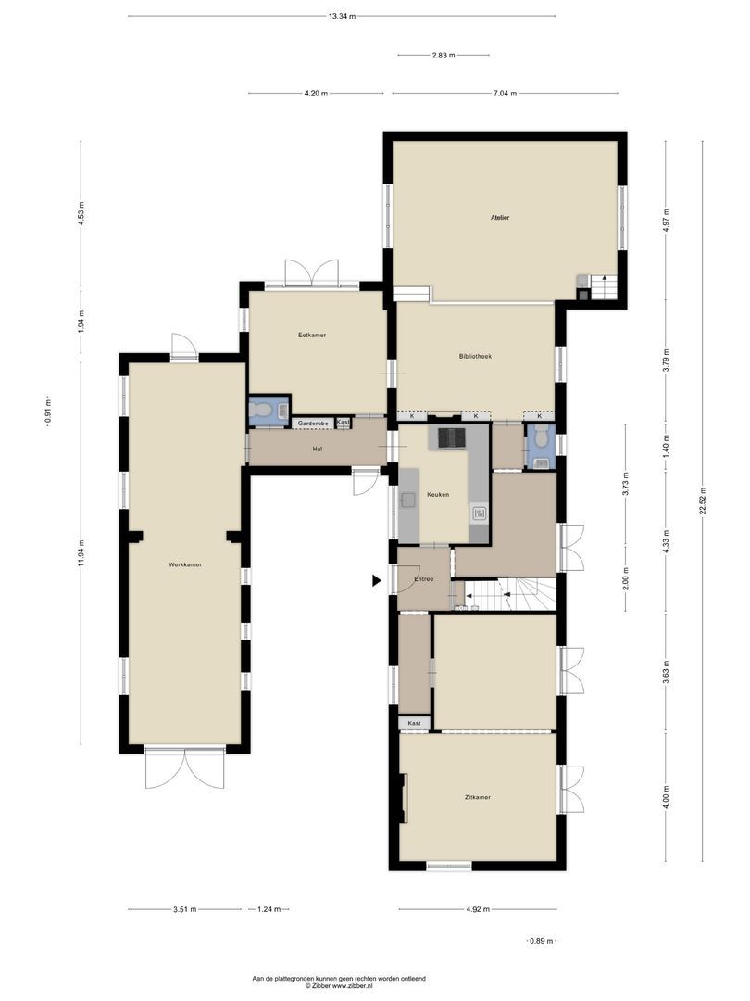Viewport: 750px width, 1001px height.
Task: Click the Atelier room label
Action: coord(500,218)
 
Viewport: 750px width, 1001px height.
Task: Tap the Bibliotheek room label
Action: coord(475,356)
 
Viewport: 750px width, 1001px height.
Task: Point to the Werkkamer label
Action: coord(185,564)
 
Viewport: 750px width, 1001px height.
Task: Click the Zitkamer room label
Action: coord(478,797)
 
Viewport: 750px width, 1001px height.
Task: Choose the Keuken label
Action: coord(438,495)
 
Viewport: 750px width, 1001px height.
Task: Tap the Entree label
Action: coord(424,579)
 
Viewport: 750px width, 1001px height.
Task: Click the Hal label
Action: coord(317,449)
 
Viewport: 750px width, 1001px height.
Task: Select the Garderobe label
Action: coord(312,424)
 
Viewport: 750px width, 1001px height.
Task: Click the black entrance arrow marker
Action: coord(376,581)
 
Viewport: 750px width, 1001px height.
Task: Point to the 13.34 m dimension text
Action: coord(342,16)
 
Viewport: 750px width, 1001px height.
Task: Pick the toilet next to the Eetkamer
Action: coord(262,410)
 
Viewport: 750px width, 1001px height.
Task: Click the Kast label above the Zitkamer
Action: coord(414,723)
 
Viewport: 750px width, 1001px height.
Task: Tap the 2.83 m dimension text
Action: coord(444,56)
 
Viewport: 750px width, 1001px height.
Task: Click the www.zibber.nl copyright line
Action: coord(339,986)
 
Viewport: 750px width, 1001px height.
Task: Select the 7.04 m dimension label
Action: coord(505,93)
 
